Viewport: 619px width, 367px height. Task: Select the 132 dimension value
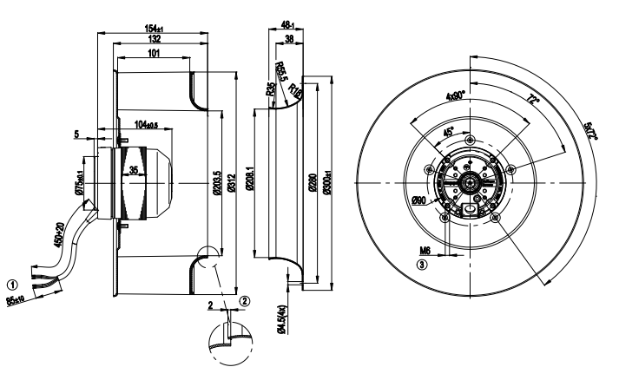tap(152, 41)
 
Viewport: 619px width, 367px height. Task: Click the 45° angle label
tap(448, 133)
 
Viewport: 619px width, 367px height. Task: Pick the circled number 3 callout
tap(422, 265)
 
